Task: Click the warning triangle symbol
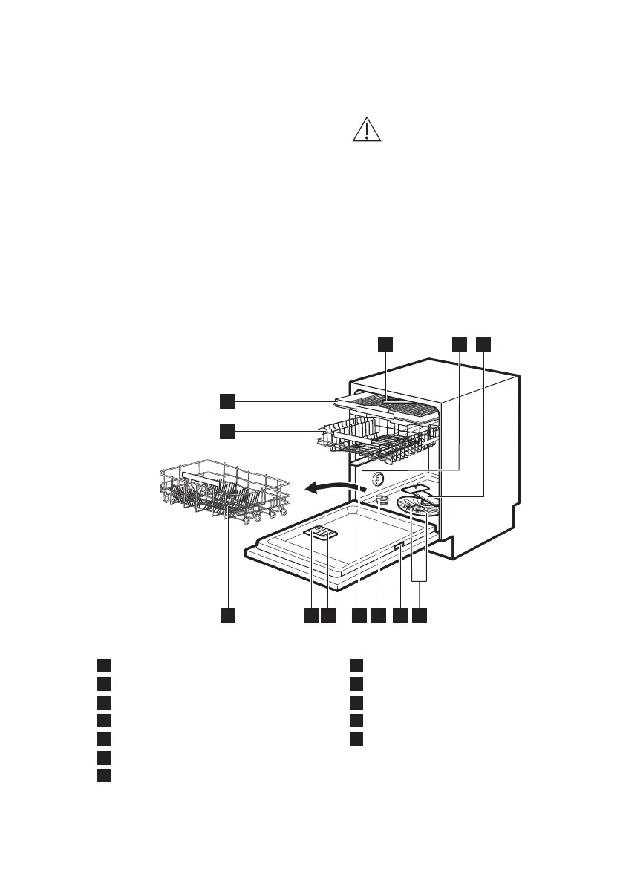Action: pyautogui.click(x=366, y=130)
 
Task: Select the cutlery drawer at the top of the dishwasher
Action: pyautogui.click(x=386, y=405)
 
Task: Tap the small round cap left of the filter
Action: pyautogui.click(x=382, y=500)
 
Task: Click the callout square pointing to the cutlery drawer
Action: pyautogui.click(x=227, y=401)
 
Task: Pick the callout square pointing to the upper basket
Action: pyautogui.click(x=227, y=430)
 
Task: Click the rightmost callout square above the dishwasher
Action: pyautogui.click(x=484, y=344)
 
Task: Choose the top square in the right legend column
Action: pyautogui.click(x=357, y=664)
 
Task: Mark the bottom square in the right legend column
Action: pyautogui.click(x=357, y=739)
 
